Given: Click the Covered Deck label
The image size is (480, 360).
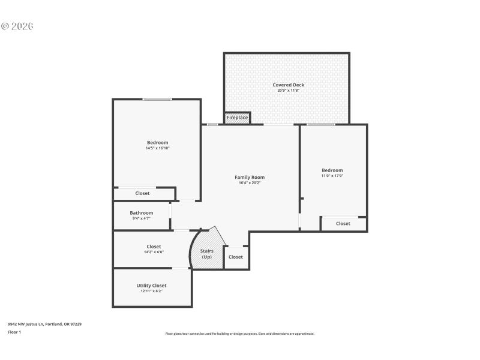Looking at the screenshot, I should (x=288, y=85).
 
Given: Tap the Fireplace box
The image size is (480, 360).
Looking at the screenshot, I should (x=237, y=118).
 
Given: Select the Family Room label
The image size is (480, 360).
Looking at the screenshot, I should (x=249, y=177).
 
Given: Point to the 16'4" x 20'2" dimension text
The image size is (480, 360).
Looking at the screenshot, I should (x=249, y=182).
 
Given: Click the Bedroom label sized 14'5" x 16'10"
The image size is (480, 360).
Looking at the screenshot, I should (x=157, y=142).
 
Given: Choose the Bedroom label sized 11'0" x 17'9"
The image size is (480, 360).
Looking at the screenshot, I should (x=332, y=170).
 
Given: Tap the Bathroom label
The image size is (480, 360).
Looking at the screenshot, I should (x=142, y=212).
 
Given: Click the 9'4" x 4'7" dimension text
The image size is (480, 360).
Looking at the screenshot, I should (x=142, y=218).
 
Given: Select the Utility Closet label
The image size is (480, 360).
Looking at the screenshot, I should (x=151, y=285).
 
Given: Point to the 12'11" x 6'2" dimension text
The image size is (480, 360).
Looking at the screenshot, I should (x=151, y=291).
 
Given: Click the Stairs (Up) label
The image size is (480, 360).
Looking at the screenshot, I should (x=206, y=254).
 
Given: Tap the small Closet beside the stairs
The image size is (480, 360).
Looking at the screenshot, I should (x=236, y=257).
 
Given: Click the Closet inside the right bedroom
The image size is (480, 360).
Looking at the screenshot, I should (x=343, y=224).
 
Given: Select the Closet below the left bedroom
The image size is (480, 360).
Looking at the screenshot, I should (x=142, y=193).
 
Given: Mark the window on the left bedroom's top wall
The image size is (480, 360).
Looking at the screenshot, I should (x=157, y=99).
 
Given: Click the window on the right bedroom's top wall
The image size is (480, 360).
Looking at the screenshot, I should (x=321, y=125).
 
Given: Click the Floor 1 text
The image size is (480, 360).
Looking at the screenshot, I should (x=14, y=332).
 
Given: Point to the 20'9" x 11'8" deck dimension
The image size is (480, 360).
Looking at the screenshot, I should (x=288, y=91).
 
